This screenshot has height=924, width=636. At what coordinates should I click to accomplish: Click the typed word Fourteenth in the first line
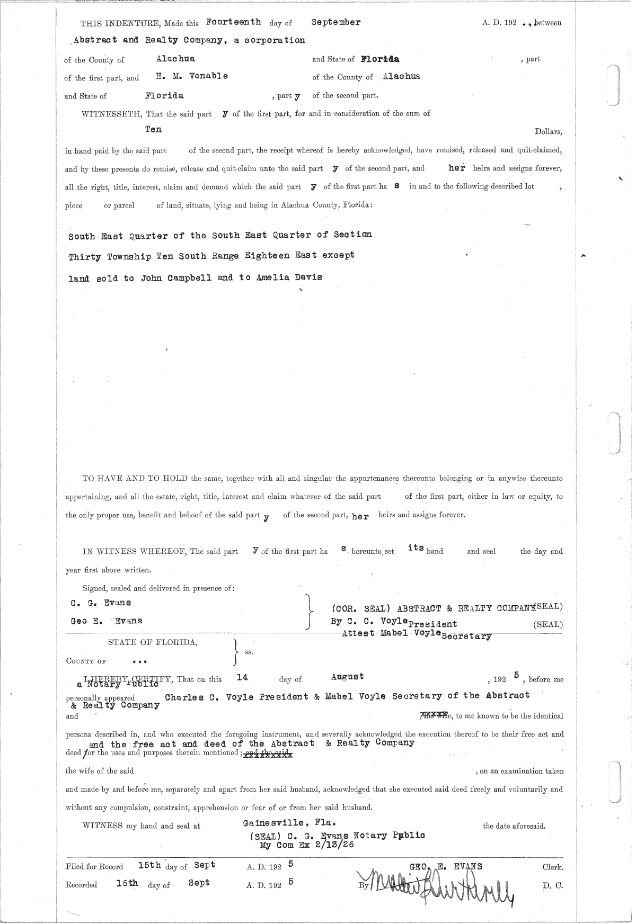coord(233,22)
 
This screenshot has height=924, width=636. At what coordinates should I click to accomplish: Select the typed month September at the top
coord(336,22)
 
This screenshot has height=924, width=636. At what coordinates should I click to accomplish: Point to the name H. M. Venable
coord(192,76)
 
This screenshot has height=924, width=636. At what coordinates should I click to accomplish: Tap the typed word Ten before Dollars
coord(154,129)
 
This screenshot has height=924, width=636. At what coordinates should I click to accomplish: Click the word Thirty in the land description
coord(85,257)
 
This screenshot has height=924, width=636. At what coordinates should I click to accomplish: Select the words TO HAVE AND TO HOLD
coord(135,479)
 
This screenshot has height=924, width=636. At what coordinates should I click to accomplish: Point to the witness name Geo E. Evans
coord(106,621)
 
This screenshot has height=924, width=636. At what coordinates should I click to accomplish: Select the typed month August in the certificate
coord(347,677)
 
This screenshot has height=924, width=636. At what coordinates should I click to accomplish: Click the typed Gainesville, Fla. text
coord(289,823)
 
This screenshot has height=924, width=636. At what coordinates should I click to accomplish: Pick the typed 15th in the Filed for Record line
coord(149,866)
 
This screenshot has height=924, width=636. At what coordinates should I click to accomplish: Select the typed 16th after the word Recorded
coord(127,883)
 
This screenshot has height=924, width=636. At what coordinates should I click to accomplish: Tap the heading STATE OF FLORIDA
coord(153,643)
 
